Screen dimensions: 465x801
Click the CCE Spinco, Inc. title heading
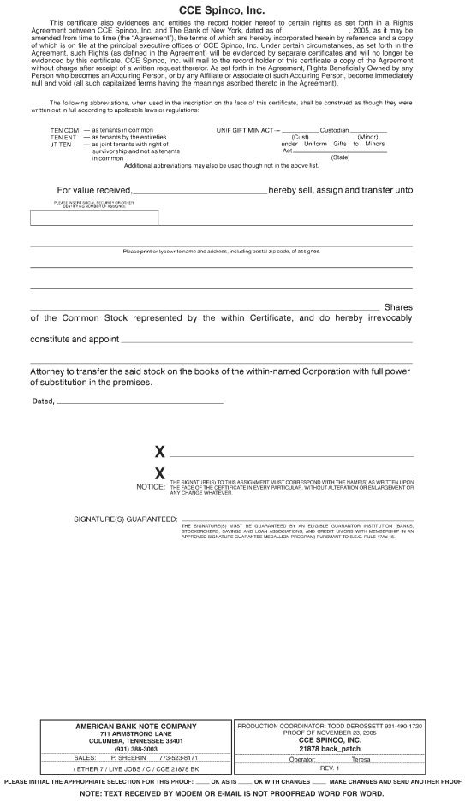pos(232,9)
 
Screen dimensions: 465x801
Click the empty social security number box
pos(94,217)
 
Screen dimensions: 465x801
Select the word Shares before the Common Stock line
pos(398,307)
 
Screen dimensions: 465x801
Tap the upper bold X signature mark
pos(159,453)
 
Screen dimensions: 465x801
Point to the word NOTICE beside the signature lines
pos(151,487)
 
